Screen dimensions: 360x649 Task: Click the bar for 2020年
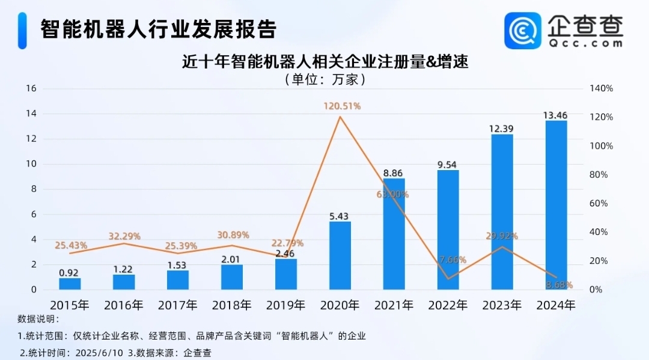(340, 255)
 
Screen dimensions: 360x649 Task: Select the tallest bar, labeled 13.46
(556, 204)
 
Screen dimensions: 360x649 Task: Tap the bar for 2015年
(70, 284)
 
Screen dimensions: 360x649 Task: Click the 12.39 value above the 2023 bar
(502, 129)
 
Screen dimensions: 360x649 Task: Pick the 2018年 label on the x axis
(232, 305)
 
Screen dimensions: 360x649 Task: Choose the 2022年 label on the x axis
(448, 305)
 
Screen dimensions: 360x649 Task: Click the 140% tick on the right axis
(601, 88)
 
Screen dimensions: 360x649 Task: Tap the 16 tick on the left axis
(31, 88)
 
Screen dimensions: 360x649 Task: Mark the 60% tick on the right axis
(599, 203)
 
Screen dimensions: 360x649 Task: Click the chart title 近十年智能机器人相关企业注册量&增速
(324, 61)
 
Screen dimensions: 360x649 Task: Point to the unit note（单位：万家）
(324, 79)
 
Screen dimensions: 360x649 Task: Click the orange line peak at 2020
(340, 117)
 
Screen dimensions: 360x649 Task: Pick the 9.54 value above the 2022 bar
(448, 164)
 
